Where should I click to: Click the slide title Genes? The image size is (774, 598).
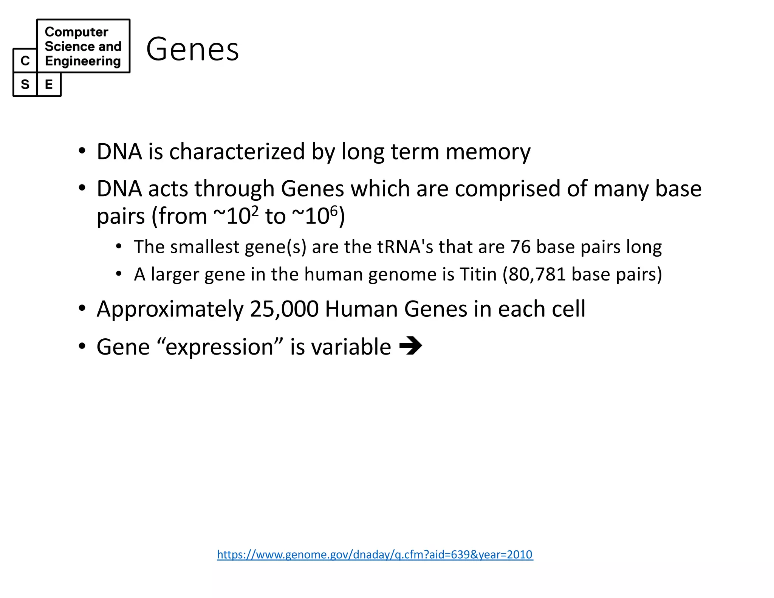tap(192, 49)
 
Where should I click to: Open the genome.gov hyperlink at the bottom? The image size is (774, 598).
tap(375, 554)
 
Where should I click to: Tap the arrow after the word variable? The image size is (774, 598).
tap(410, 345)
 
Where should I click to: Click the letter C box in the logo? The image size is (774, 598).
tap(25, 60)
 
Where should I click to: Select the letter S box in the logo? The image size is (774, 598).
tap(25, 84)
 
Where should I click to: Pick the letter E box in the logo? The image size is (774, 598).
tap(49, 84)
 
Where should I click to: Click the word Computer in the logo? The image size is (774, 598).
tap(76, 32)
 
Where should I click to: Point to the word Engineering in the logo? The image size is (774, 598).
tap(83, 61)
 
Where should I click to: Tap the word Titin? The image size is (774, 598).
tap(478, 274)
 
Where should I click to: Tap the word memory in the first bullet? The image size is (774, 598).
tap(488, 152)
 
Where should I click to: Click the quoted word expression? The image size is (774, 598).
tap(219, 347)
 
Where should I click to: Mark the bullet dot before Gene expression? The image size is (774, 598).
tap(82, 346)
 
